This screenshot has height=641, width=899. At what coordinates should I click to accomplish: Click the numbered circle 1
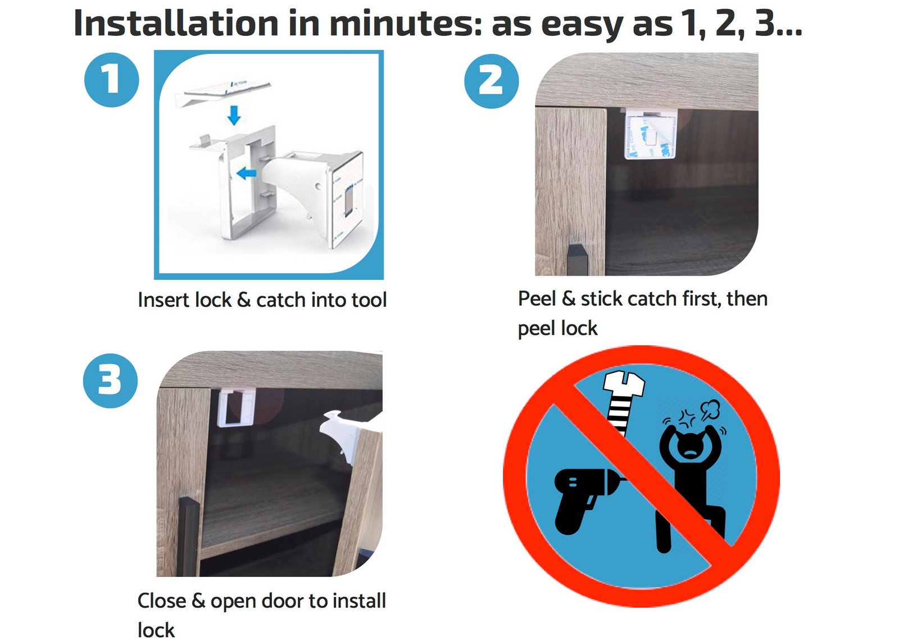pos(112,79)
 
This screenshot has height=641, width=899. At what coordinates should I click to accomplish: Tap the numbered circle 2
pos(491,81)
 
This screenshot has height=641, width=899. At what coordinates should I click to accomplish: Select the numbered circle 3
pos(110,380)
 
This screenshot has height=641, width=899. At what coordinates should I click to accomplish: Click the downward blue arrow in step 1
pos(234,115)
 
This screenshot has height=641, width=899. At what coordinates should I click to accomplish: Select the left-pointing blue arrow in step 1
pos(247,174)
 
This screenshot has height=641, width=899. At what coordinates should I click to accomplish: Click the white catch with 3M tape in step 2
pos(650,133)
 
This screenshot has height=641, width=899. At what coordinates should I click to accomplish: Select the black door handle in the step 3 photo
pos(189,537)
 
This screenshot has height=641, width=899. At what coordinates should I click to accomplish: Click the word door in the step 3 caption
pos(283,601)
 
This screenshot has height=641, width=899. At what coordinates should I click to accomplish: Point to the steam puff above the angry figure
pos(710,410)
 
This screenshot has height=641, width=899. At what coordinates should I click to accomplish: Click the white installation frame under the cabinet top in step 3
pos(237,408)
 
